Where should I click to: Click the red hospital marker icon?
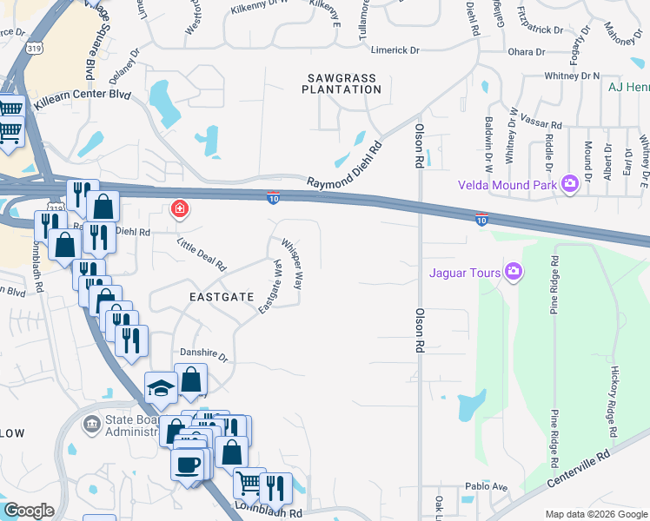(x=180, y=209)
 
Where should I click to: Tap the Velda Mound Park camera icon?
(x=570, y=183)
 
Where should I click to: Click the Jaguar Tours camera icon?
(x=514, y=273)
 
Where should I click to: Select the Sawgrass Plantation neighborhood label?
(x=342, y=83)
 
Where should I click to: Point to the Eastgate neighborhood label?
(x=222, y=296)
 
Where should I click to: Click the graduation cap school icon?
(x=161, y=388)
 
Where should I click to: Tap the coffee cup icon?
(x=188, y=465)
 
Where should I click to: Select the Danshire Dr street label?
(x=203, y=356)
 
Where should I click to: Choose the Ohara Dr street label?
(x=527, y=52)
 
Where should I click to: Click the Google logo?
(x=29, y=511)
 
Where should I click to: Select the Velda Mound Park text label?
(x=508, y=184)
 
